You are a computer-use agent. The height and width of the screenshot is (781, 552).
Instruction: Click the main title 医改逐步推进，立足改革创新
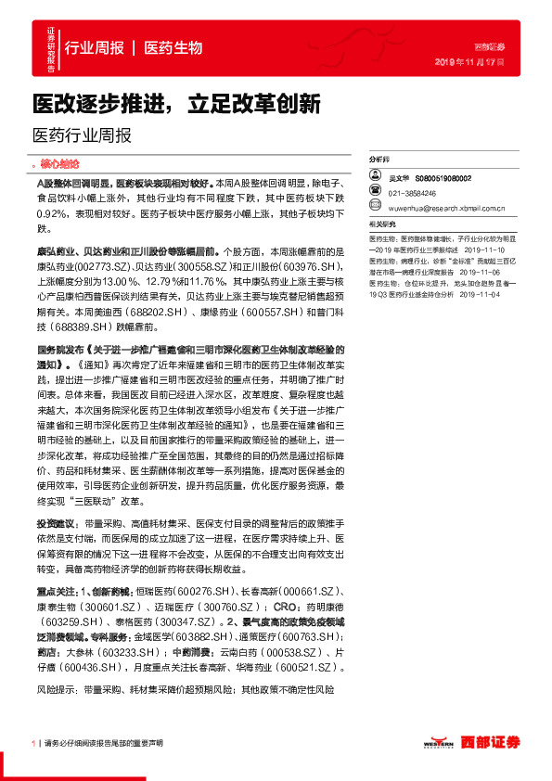[x=176, y=102]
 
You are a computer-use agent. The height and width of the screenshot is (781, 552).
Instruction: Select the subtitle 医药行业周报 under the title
[x=82, y=134]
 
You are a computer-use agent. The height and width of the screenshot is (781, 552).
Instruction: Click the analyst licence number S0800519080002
[x=444, y=177]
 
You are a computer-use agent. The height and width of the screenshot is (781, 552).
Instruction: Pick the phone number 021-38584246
[x=415, y=193]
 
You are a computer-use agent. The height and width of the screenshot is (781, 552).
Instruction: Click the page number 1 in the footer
[x=33, y=743]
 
